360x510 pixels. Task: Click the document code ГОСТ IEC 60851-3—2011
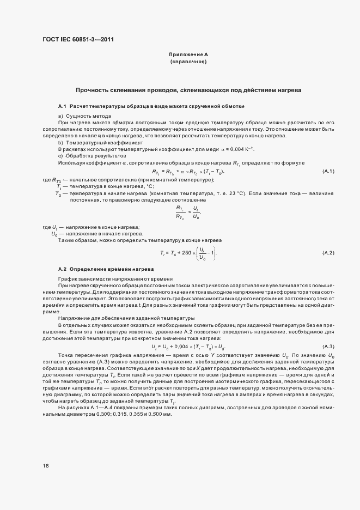coord(78,39)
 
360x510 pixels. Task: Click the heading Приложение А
coord(188,55)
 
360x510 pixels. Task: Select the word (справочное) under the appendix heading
coord(188,62)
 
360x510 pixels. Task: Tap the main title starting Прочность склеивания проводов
coord(188,89)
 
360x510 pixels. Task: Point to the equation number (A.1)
coord(328,172)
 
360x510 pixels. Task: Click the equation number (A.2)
coord(328,253)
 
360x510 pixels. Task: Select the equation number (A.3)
coord(328,347)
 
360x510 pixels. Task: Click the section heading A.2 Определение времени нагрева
coord(106,270)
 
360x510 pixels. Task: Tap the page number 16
coord(46,465)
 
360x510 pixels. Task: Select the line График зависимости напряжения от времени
coord(115,279)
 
